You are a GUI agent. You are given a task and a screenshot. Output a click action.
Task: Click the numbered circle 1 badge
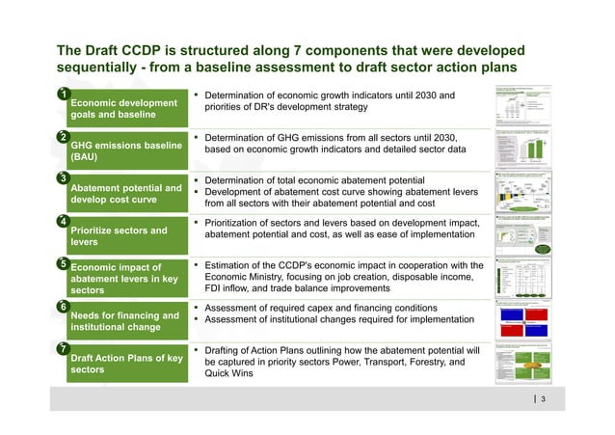pyautogui.click(x=62, y=95)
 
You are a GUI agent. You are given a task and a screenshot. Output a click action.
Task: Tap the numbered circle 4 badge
pyautogui.click(x=62, y=221)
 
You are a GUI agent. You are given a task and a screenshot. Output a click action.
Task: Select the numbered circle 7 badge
pyautogui.click(x=62, y=346)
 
